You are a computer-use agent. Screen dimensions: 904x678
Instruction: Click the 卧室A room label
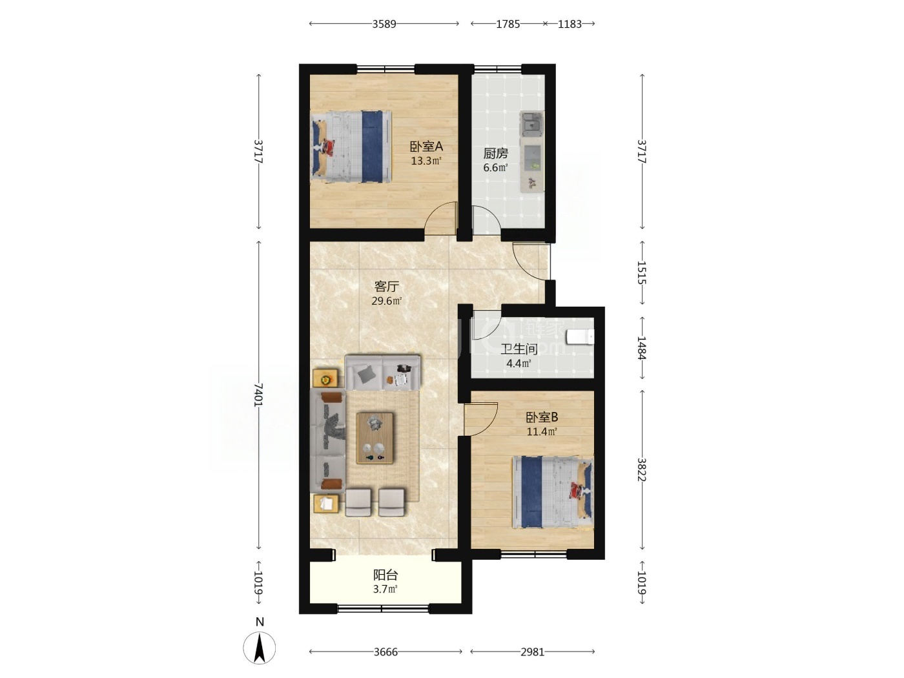426,146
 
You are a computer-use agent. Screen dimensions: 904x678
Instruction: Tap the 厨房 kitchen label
495,154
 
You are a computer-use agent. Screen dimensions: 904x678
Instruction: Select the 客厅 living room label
386,286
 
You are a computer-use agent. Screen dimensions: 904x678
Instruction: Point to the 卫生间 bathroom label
519,349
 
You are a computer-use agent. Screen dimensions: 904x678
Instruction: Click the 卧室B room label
542,417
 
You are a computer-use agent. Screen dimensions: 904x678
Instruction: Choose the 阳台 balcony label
385,575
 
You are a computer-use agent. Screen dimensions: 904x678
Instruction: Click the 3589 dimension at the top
384,24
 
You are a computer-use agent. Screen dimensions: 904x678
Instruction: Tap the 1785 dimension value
508,24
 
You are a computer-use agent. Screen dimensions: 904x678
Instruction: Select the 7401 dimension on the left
258,395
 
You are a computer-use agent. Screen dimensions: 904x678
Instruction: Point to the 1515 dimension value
642,272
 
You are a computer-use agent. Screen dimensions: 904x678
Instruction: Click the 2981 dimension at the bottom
532,652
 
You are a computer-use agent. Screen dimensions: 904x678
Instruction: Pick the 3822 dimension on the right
642,469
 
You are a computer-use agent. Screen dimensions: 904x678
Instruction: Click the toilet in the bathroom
580,336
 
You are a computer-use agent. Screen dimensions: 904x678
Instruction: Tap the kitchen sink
531,123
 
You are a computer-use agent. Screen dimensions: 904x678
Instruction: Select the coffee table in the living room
375,438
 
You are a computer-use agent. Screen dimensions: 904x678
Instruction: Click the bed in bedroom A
351,146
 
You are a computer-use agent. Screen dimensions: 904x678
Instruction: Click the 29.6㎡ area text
386,301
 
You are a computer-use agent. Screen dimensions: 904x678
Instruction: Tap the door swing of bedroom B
481,419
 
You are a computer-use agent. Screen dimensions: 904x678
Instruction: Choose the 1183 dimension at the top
569,24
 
